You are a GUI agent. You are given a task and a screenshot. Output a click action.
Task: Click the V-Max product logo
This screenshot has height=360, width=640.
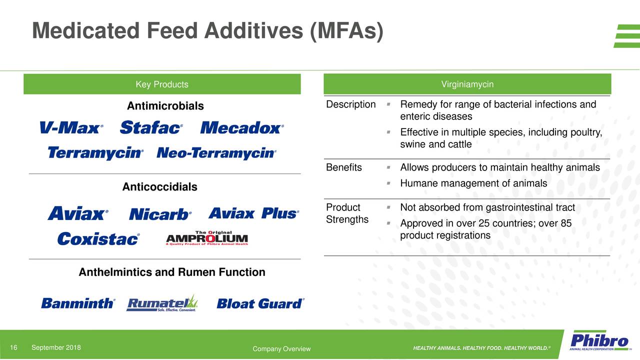click(x=71, y=128)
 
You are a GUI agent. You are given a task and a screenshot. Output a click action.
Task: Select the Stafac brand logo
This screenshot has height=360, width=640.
click(x=151, y=128)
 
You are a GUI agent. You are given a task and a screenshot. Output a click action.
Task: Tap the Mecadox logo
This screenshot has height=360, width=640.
click(x=242, y=128)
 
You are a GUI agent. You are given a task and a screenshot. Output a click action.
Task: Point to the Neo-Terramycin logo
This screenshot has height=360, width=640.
click(x=216, y=153)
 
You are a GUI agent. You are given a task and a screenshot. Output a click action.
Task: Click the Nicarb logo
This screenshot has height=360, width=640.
click(x=160, y=214)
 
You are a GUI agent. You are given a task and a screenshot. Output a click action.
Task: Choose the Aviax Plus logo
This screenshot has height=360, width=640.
click(x=253, y=213)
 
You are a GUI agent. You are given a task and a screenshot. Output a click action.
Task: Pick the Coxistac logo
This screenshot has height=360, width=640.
click(x=98, y=239)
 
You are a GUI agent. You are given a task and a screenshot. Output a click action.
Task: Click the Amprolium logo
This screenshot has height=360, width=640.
click(x=206, y=238)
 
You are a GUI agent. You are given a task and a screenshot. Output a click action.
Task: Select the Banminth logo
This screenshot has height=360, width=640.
click(x=78, y=303)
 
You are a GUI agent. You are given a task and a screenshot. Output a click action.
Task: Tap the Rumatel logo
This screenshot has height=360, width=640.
click(x=162, y=303)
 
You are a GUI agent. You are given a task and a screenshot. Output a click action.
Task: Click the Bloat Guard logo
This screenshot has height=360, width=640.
click(x=260, y=303)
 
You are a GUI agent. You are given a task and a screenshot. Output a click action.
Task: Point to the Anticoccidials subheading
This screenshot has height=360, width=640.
click(x=159, y=187)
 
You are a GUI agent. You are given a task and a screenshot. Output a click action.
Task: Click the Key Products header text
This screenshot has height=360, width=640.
click(x=162, y=84)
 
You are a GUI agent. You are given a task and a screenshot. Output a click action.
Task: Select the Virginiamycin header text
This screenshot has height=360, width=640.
click(x=467, y=84)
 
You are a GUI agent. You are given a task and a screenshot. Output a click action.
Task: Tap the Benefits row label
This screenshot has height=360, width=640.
click(x=343, y=167)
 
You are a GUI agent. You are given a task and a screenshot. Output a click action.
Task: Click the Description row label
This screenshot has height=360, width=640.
click(x=350, y=104)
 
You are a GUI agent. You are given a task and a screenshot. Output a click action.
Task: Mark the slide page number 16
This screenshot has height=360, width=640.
click(x=14, y=348)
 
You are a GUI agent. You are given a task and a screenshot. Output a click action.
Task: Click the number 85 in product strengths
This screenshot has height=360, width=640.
click(x=566, y=223)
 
